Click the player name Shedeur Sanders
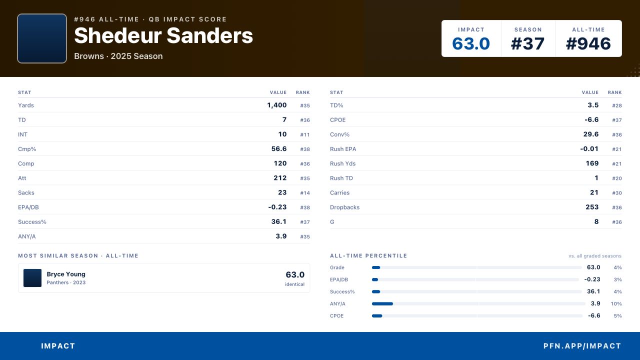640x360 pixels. tap(163, 35)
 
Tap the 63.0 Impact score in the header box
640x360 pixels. tap(471, 43)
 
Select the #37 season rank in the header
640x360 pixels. tap(527, 43)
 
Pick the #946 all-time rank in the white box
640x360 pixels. tap(588, 43)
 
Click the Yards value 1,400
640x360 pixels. tap(277, 105)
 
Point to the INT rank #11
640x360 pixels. tap(305, 134)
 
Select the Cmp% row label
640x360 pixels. tap(27, 149)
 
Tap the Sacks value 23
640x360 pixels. tap(282, 192)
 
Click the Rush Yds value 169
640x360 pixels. tap(592, 163)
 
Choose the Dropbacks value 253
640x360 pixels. tap(592, 207)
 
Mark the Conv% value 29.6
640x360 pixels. tap(591, 134)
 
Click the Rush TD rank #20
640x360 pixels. tap(617, 178)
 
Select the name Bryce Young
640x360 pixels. tap(66, 274)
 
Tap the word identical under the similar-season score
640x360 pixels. tap(294, 284)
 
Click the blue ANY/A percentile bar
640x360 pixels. tap(382, 303)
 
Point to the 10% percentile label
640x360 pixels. tap(616, 303)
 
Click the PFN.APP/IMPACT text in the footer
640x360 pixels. tap(582, 346)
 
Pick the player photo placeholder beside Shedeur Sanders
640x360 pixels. tap(42, 38)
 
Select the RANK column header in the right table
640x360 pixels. tap(615, 92)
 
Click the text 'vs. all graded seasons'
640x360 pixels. tap(595, 256)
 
